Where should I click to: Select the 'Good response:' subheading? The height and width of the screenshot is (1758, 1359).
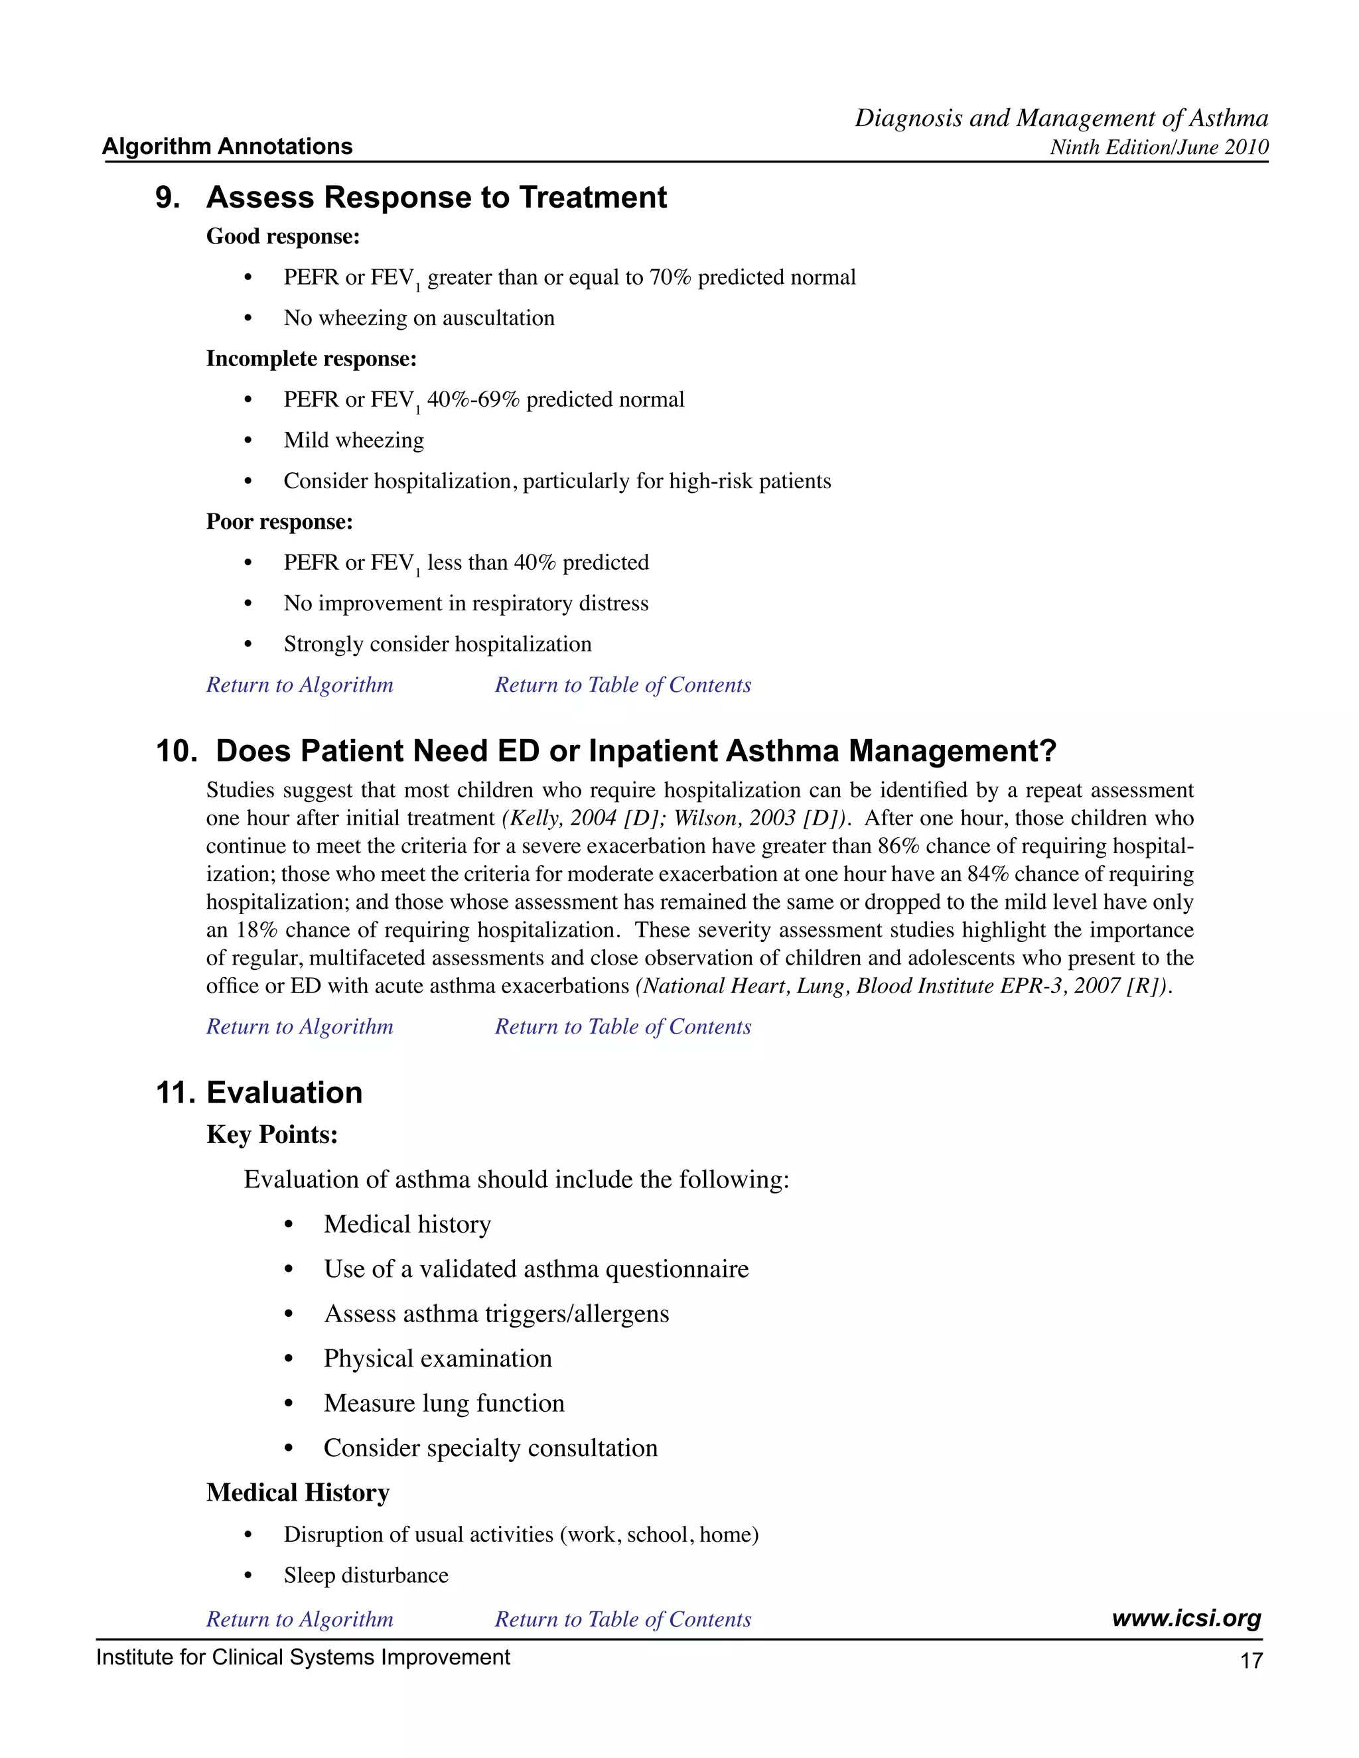pos(283,237)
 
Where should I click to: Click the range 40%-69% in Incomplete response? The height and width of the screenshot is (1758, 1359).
pos(472,400)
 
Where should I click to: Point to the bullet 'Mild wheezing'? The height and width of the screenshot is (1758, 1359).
pos(354,440)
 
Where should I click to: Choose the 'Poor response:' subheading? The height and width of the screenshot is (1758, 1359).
pos(279,521)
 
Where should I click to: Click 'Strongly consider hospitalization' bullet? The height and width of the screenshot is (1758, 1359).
pos(437,644)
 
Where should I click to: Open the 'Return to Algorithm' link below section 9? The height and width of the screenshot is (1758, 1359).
pos(299,685)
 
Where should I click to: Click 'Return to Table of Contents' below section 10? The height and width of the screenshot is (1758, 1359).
pos(622,1027)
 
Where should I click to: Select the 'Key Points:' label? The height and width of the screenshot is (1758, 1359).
pos(272,1135)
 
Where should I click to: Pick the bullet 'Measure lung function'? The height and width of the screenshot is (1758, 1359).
pos(444,1403)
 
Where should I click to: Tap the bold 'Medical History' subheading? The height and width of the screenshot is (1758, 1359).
pos(298,1493)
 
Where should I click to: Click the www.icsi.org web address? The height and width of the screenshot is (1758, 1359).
pos(1186,1618)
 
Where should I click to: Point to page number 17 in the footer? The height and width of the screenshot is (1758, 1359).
pos(1251,1660)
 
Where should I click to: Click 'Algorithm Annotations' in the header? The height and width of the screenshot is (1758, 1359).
pos(228,147)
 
